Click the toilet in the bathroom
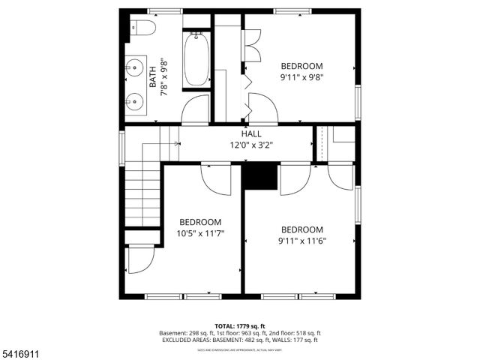tap(144, 29)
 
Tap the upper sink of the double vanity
tap(135, 68)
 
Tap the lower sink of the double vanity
tap(135, 100)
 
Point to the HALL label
tap(251, 133)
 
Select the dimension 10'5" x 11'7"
tap(200, 234)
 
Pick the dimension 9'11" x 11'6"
tap(302, 241)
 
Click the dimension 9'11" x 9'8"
tap(302, 76)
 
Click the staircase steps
tap(142, 195)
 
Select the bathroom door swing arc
tap(196, 110)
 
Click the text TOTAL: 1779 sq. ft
tap(239, 325)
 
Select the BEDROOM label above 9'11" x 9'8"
tap(302, 65)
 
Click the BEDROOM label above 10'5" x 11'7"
tap(200, 222)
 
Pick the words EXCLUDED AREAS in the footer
tap(185, 340)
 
